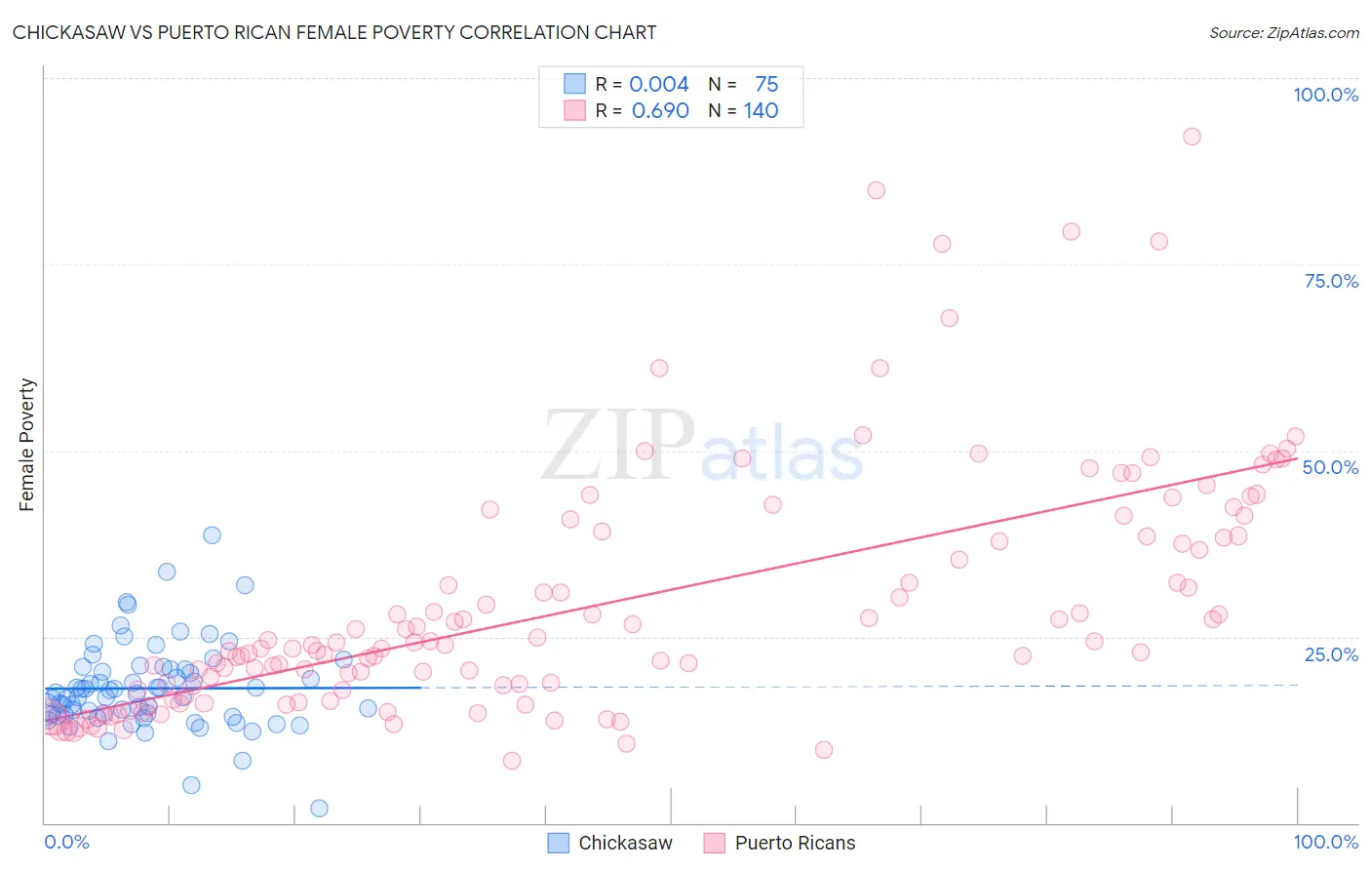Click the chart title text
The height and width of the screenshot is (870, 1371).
click(x=334, y=32)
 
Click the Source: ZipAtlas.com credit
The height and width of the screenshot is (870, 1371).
click(x=1283, y=32)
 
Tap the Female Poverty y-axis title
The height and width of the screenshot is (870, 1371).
click(x=27, y=445)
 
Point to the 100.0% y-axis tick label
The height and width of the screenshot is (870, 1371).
click(x=1325, y=95)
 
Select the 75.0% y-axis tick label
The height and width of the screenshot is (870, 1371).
click(x=1331, y=281)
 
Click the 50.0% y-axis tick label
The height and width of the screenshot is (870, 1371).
click(x=1330, y=467)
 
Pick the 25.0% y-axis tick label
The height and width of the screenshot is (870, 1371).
click(x=1331, y=654)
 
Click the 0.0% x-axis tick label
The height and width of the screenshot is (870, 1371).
click(x=66, y=842)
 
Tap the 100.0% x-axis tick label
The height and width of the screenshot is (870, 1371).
click(x=1325, y=842)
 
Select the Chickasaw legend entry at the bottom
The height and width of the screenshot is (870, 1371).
click(x=610, y=843)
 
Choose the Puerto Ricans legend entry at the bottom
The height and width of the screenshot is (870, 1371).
click(x=780, y=843)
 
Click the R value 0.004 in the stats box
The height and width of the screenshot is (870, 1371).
click(x=659, y=84)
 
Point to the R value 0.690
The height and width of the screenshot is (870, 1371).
click(x=660, y=110)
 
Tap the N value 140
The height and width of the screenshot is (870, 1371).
click(x=761, y=110)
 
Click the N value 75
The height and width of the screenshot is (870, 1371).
click(x=766, y=84)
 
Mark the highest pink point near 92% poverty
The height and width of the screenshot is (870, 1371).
click(x=1192, y=137)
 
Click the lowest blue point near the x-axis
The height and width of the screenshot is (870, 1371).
click(x=319, y=808)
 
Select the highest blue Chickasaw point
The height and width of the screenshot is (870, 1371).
click(x=212, y=534)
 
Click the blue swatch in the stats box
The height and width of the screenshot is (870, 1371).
click(x=574, y=84)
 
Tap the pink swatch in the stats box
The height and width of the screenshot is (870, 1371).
click(x=574, y=110)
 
